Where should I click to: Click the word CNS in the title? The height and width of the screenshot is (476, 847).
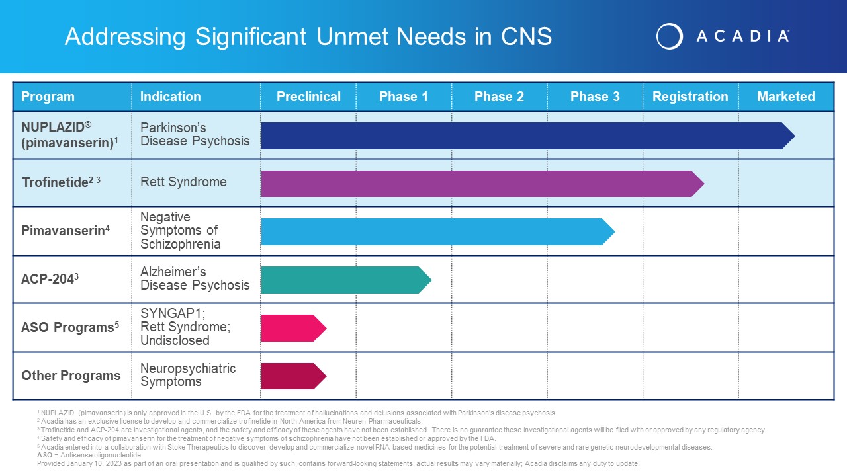click(526, 36)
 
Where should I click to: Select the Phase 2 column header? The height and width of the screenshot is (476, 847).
click(499, 97)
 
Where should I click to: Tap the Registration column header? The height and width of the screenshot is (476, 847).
click(690, 97)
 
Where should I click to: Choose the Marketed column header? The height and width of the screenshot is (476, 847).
click(785, 97)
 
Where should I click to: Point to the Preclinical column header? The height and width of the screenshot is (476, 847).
click(308, 97)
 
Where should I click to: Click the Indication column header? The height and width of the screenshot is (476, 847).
click(171, 97)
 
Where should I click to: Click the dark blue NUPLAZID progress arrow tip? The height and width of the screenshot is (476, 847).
click(795, 136)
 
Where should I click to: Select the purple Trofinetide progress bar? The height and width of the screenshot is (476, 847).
click(482, 184)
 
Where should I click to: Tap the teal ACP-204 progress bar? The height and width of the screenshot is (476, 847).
click(346, 280)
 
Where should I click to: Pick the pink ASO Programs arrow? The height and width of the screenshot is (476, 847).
click(294, 329)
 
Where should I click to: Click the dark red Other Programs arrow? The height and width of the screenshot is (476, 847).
click(294, 376)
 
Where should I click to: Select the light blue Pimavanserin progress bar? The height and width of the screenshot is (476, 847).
click(438, 231)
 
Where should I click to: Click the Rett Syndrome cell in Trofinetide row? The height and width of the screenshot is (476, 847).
click(183, 182)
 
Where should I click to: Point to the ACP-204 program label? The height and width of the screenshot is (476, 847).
click(50, 279)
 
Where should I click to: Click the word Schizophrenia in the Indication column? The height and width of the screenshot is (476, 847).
click(181, 244)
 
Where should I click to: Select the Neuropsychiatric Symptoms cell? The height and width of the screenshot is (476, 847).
click(188, 375)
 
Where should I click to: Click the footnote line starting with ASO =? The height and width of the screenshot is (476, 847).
click(89, 456)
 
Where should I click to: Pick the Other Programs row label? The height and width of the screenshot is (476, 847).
click(71, 376)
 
